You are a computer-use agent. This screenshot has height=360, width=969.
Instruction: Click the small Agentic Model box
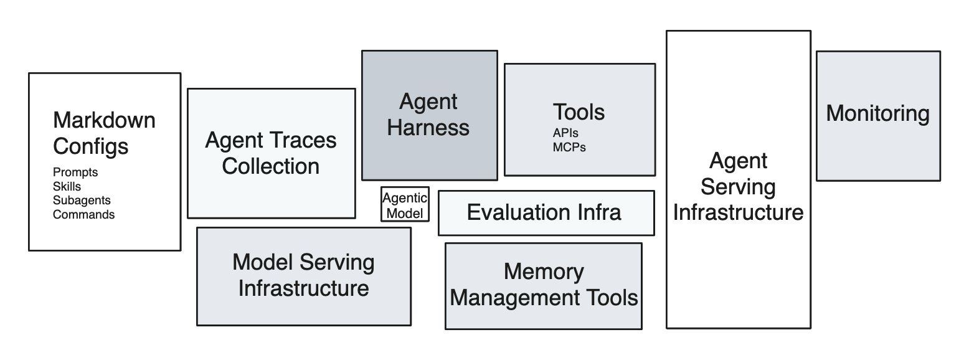405,206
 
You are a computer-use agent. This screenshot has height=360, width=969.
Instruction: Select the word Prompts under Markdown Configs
75,173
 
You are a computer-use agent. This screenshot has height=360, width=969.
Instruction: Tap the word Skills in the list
67,186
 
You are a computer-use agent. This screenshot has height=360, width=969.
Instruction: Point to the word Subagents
82,201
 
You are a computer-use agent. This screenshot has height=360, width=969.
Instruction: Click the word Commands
83,215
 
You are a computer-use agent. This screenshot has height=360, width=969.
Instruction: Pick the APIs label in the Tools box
565,133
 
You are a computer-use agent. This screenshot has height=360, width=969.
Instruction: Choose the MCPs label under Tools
569,148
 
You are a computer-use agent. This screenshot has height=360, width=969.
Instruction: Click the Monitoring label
877,113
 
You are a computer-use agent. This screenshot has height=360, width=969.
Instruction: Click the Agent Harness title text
428,115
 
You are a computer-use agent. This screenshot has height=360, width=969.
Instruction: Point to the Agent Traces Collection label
271,153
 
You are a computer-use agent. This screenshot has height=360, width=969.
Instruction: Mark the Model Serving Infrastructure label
303,275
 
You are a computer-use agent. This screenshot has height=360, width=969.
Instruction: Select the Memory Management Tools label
544,285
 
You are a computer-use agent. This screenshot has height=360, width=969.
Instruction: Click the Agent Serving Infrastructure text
738,187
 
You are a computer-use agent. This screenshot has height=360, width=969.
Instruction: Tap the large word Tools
579,112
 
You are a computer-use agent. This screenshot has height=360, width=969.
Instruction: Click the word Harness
428,128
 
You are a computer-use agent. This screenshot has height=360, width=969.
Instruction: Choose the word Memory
544,272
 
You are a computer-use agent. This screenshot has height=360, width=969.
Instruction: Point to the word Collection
271,166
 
